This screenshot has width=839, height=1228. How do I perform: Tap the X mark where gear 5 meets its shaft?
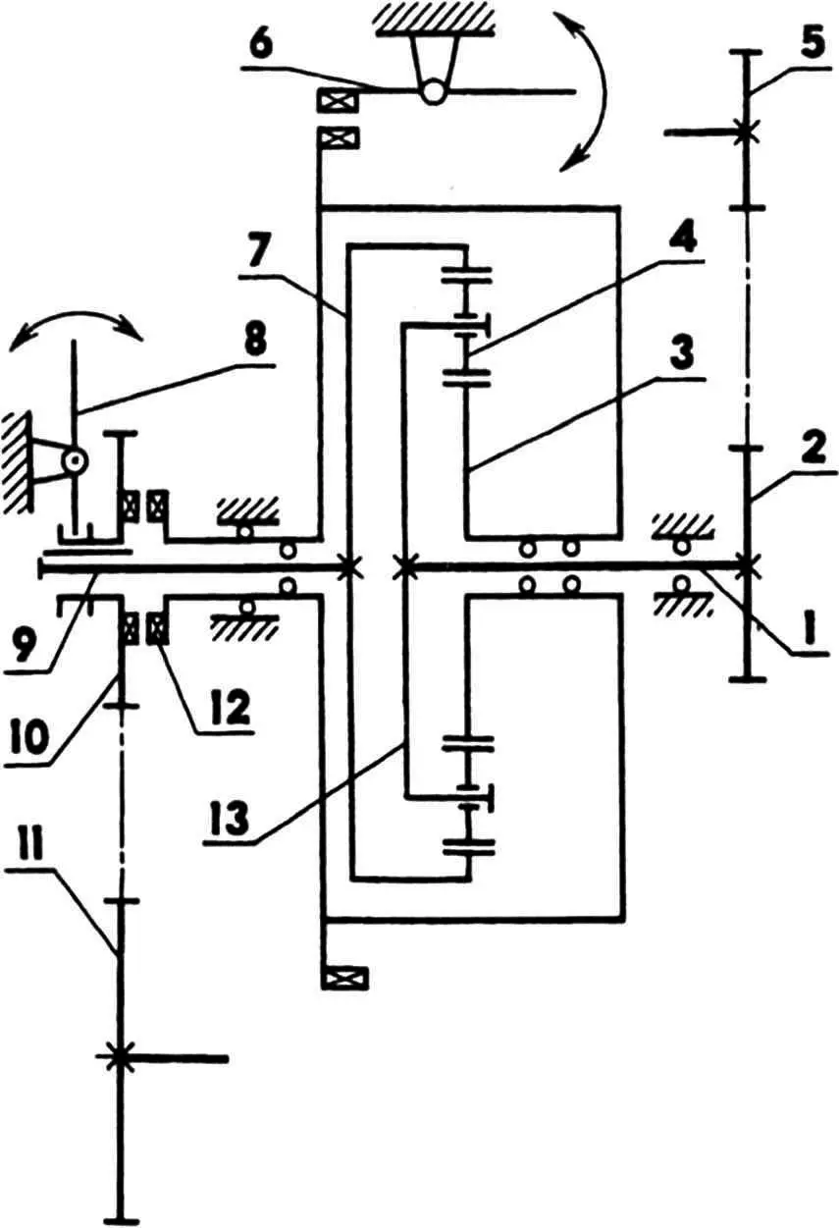coord(745,130)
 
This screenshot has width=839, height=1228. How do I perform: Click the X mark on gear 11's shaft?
coord(119,1057)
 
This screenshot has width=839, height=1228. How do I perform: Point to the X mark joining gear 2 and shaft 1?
coord(747,563)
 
